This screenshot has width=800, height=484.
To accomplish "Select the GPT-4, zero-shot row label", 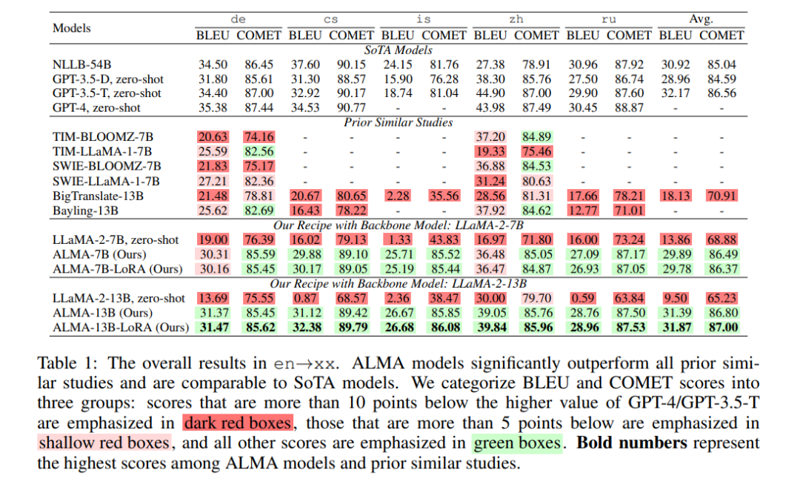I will (102, 107).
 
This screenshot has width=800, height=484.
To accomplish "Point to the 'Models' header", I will (72, 27).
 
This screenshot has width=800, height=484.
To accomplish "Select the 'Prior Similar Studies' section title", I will (398, 122).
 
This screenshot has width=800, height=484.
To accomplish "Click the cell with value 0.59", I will (582, 298).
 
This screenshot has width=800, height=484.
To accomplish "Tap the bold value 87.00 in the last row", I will (723, 327).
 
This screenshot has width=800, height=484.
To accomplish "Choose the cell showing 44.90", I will (490, 93).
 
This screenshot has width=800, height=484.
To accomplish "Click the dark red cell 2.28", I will (397, 196).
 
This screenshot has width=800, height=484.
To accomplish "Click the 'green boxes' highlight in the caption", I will (516, 443).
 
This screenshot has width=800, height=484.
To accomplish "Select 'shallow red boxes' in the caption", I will (104, 443).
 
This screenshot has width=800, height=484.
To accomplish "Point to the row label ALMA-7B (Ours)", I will (99, 253).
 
